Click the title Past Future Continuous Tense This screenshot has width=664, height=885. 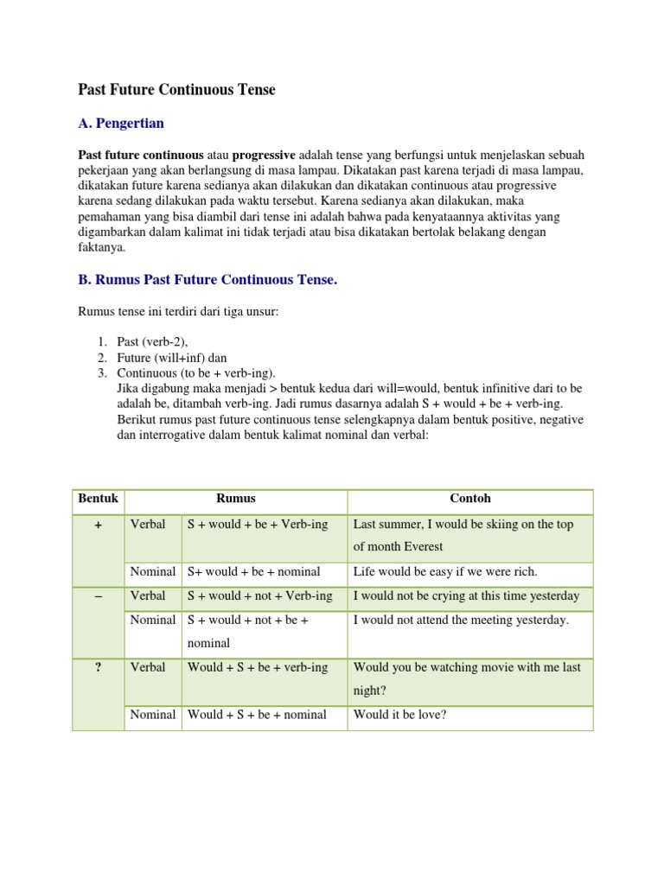177,90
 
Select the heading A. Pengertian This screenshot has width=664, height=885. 121,124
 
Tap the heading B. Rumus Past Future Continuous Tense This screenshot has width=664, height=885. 207,280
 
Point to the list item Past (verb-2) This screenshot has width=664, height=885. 152,342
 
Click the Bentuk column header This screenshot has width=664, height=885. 98,499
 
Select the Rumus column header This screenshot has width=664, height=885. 235,499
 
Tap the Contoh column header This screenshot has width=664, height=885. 469,499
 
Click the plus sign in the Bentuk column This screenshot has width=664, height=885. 98,525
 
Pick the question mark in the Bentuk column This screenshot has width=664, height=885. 98,667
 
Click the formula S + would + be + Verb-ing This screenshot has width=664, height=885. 258,525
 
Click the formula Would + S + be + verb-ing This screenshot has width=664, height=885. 258,667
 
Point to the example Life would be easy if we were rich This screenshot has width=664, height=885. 445,572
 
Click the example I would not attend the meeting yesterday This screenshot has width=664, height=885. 461,621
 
